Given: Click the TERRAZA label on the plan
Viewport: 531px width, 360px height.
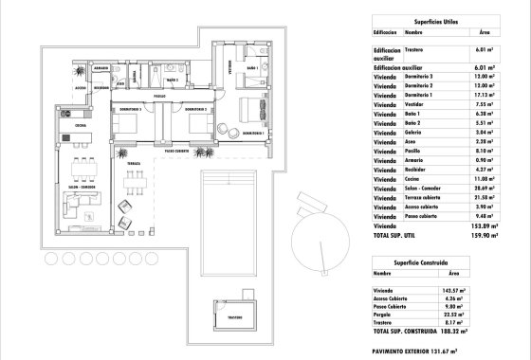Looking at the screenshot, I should point(134,163).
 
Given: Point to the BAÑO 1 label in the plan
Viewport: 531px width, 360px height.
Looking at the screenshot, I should point(252,69).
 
